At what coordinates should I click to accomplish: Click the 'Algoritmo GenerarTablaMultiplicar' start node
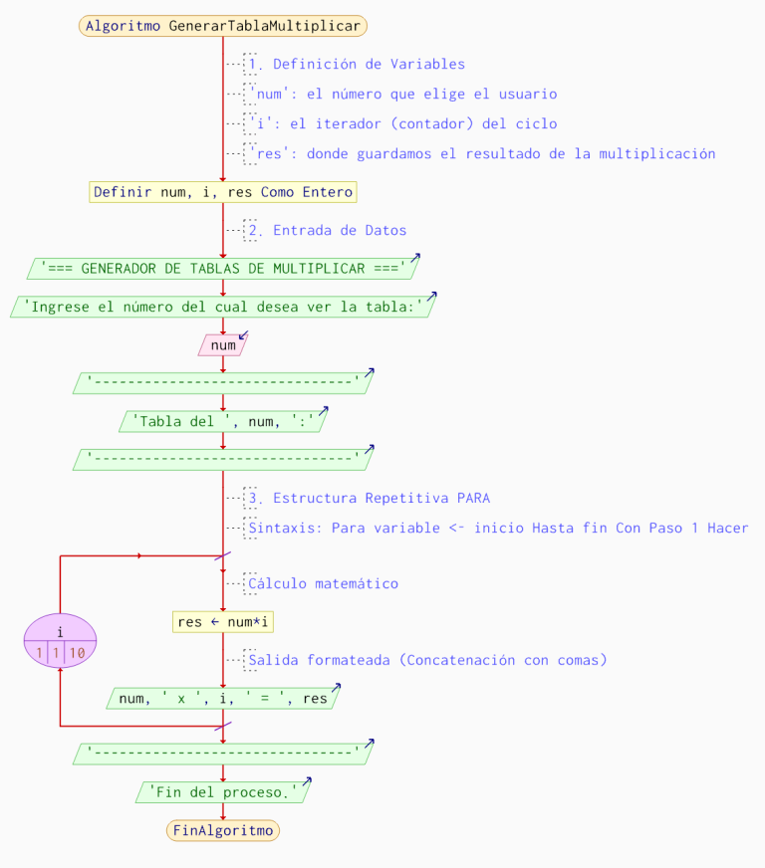222,26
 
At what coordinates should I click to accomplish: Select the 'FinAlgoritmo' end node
222,830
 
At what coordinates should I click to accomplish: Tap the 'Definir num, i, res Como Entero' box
222,191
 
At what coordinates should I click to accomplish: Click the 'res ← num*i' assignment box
222,622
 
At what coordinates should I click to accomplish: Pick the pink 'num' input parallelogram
222,345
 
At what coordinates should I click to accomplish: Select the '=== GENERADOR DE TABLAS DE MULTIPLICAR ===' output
222,269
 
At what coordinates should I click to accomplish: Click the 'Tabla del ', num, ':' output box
223,421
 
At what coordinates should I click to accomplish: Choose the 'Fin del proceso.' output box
222,792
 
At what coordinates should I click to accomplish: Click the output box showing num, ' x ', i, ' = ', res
222,699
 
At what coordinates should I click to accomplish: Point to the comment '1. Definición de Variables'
357,65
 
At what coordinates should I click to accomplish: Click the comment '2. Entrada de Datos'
328,230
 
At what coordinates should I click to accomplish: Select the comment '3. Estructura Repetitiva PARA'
370,498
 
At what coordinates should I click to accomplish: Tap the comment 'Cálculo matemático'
324,583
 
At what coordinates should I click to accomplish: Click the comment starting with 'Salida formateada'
427,660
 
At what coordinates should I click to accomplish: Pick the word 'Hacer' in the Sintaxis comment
727,528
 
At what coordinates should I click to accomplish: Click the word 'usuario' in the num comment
527,95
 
